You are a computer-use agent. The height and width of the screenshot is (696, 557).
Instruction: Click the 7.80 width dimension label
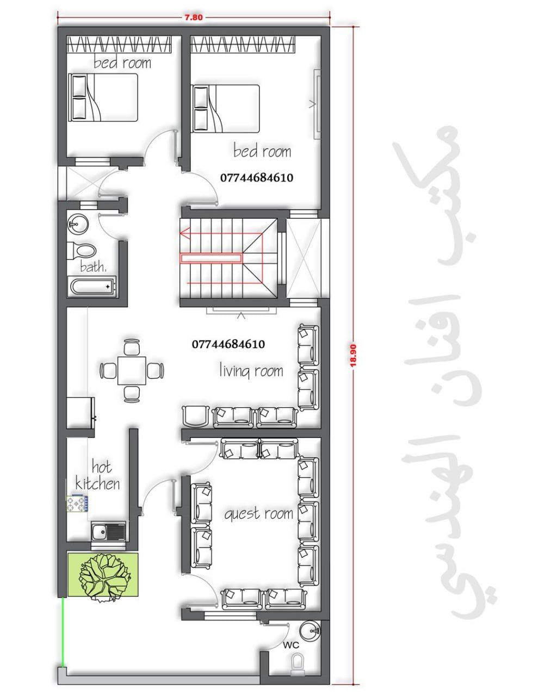[194, 17]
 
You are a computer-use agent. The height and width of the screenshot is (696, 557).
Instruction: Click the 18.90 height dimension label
[353, 355]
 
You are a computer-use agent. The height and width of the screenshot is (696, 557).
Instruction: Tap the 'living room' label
[251, 370]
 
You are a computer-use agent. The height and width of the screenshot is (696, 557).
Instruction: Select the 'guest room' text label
[258, 514]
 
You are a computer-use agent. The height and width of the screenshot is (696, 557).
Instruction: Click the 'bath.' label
[93, 266]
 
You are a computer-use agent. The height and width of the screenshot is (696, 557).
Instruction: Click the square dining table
[132, 370]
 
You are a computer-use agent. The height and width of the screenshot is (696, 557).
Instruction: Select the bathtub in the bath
[92, 286]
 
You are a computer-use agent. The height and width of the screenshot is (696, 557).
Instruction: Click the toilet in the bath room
[82, 251]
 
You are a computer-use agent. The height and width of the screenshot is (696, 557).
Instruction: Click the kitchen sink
[108, 532]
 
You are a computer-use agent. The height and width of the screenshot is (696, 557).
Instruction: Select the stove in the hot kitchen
[77, 504]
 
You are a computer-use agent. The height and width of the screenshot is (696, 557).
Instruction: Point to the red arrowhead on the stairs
[185, 233]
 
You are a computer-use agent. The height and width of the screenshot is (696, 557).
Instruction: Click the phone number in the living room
[228, 344]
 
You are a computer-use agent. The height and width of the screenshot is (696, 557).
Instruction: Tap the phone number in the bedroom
[257, 178]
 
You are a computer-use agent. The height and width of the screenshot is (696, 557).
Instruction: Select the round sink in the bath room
[78, 223]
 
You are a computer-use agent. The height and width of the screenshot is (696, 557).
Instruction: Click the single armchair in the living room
[195, 416]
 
